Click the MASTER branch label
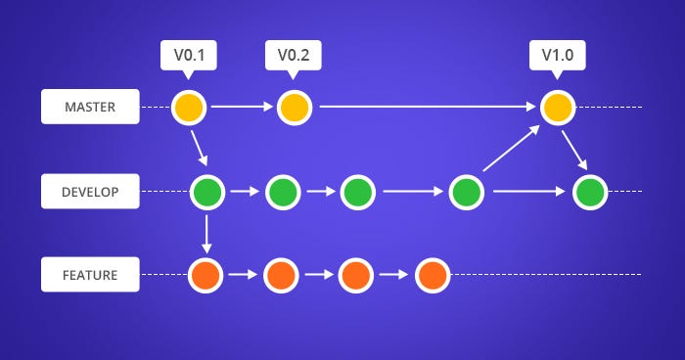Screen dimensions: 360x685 point(89,107)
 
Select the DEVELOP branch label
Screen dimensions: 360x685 point(89,192)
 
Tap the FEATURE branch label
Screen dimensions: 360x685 point(89,275)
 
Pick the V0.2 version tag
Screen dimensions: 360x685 point(293,55)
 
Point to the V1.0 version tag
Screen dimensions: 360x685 point(557,55)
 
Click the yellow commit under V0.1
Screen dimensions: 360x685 point(188,107)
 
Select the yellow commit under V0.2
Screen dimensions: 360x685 point(293,107)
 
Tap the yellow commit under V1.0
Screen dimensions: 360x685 point(557,107)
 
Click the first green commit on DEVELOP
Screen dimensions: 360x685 point(207,192)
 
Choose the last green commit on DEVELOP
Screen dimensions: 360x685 point(589,192)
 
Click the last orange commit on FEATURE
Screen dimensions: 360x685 point(432,275)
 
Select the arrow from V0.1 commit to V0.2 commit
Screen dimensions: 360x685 point(240,107)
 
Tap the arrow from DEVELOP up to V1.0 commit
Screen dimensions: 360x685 point(511,150)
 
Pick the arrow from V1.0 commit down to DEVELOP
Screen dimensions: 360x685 point(575,149)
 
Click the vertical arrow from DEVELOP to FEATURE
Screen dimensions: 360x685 point(207,233)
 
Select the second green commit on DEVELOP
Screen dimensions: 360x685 point(282,192)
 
